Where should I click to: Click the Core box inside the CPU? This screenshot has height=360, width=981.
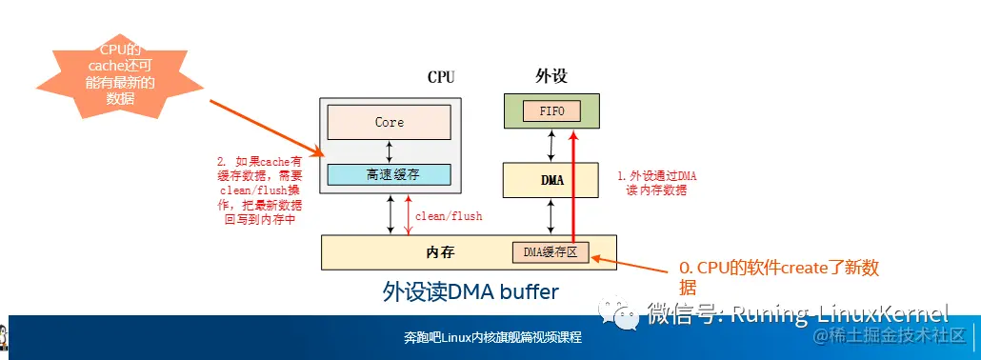pos(389,122)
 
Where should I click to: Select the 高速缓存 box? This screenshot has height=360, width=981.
pos(389,174)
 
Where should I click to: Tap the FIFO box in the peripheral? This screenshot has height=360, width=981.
pos(551,111)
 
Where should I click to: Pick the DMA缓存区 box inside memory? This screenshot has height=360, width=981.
pos(551,252)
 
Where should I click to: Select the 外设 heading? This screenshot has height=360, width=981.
pos(551,76)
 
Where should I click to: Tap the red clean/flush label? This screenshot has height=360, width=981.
pos(449,216)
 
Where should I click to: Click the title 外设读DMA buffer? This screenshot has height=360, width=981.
pos(470,290)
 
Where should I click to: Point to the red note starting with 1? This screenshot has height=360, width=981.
pos(658,183)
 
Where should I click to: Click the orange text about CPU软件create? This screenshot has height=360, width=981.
pos(776,276)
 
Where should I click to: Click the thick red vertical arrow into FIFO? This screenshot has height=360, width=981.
pos(573,190)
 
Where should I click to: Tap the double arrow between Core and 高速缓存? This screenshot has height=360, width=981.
pos(389,149)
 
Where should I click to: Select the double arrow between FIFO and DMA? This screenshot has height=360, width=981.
pos(551,145)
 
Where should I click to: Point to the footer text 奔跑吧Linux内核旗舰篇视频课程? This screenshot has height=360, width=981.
pos(492,338)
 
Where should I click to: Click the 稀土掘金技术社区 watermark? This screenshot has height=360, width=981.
pos(886,335)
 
